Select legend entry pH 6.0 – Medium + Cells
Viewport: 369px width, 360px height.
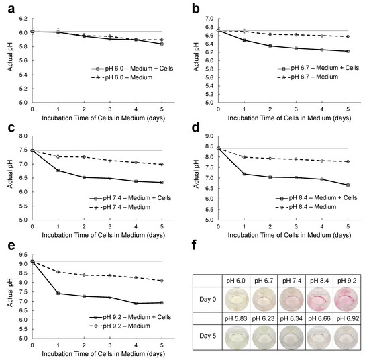[134, 68]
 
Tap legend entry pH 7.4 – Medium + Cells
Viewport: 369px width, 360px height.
[134, 199]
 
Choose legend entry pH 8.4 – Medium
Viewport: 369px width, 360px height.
[316, 208]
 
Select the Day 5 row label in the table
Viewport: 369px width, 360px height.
[212, 336]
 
